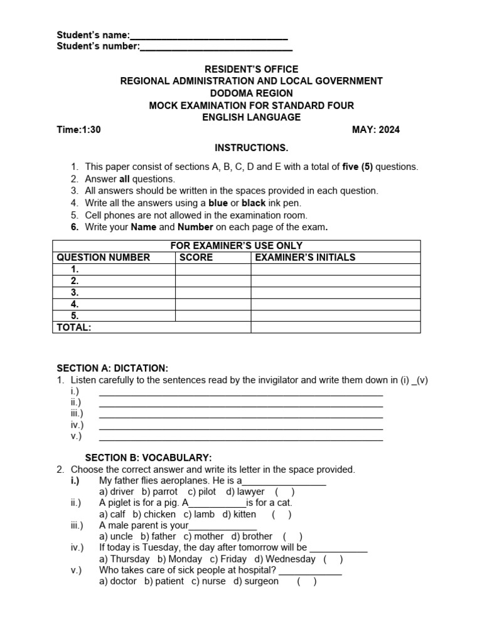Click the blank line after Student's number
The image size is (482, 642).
pyautogui.click(x=216, y=48)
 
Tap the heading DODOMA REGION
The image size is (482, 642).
pyautogui.click(x=251, y=93)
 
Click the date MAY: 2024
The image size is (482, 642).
pyautogui.click(x=376, y=130)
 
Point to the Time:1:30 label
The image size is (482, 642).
pyautogui.click(x=78, y=130)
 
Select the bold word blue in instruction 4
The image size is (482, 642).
pyautogui.click(x=218, y=203)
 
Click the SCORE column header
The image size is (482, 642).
pyautogui.click(x=196, y=257)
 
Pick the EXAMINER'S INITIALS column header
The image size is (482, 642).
pyautogui.click(x=305, y=257)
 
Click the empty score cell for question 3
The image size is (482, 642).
pyautogui.click(x=213, y=292)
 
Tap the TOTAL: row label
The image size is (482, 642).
pyautogui.click(x=74, y=327)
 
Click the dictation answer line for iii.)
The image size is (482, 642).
pyautogui.click(x=241, y=414)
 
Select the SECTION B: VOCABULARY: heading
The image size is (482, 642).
pyautogui.click(x=148, y=458)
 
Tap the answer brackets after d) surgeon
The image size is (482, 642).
pyautogui.click(x=307, y=581)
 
